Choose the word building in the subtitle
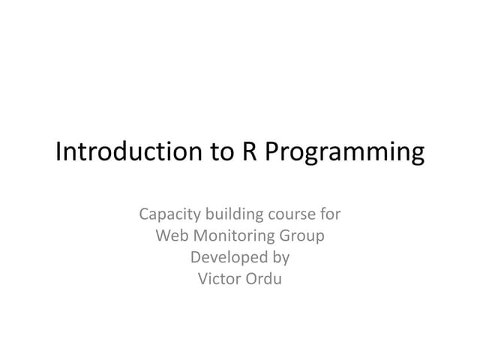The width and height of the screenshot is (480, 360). point(228,215)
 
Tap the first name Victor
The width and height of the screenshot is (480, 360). point(217,280)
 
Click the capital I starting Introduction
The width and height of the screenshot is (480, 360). point(59,151)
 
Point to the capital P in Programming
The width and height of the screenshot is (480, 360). point(273,151)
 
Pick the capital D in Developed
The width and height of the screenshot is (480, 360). point(196,258)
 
